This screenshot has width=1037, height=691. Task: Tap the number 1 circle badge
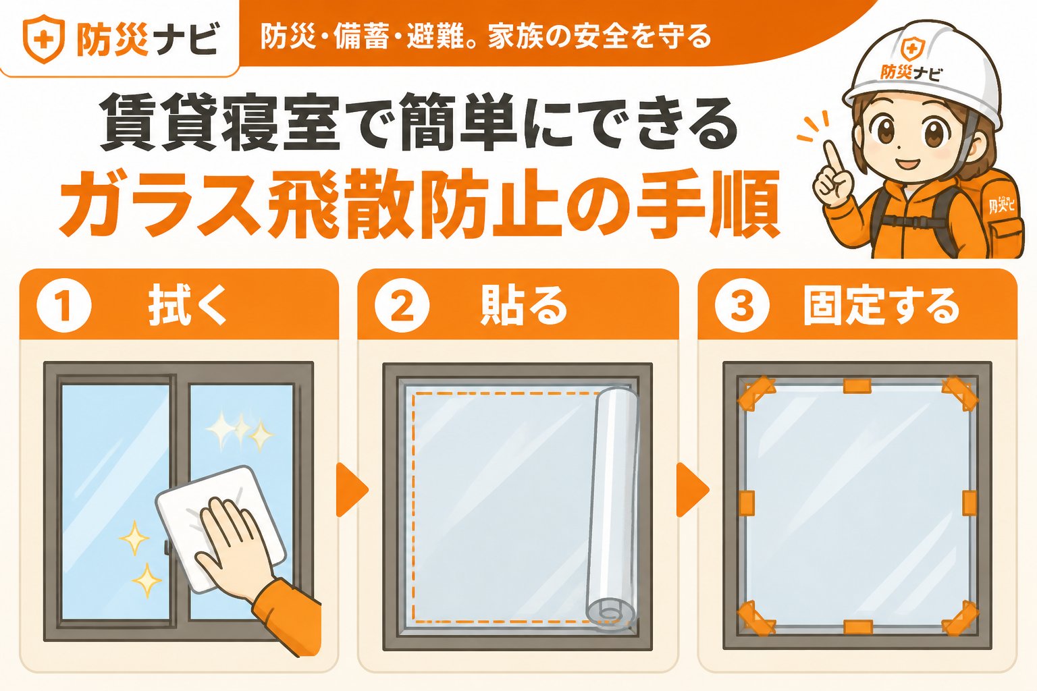click(x=64, y=306)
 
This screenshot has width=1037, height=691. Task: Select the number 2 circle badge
click(x=402, y=306)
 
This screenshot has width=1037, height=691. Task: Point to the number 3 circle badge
click(x=742, y=306)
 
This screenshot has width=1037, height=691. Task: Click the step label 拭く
click(x=187, y=306)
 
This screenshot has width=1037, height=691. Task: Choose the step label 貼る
click(x=524, y=306)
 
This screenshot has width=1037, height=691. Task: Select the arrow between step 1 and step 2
click(x=351, y=489)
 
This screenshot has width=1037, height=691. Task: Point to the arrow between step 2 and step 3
click(x=692, y=489)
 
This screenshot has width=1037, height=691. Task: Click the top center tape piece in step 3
click(x=857, y=386)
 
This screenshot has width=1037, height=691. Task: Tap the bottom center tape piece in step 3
click(x=858, y=628)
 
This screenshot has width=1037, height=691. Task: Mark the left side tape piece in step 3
click(x=746, y=503)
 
